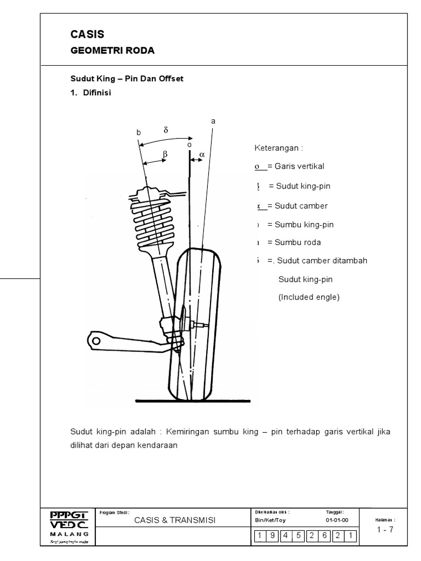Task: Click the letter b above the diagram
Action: (x=139, y=131)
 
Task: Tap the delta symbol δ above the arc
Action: (x=165, y=130)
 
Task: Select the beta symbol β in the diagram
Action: (x=164, y=155)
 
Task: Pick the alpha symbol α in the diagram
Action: (x=202, y=155)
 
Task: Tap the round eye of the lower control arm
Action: (x=96, y=341)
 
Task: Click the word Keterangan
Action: (x=278, y=148)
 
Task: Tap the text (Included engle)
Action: (x=309, y=297)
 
